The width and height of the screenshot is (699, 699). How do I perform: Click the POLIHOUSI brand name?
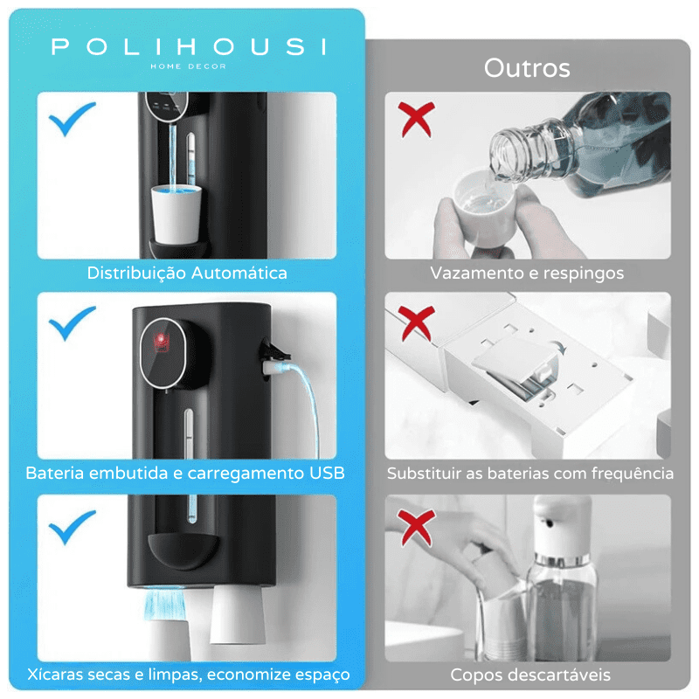pyautogui.click(x=188, y=46)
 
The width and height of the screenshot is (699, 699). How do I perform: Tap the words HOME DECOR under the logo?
pyautogui.click(x=188, y=66)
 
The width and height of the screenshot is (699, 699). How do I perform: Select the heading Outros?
pyautogui.click(x=527, y=68)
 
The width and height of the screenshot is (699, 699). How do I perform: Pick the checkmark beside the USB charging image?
pyautogui.click(x=73, y=324)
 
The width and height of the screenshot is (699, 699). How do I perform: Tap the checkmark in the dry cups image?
pyautogui.click(x=73, y=527)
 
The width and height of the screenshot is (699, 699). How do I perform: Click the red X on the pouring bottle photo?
pyautogui.click(x=417, y=120)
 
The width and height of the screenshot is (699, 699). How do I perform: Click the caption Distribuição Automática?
pyautogui.click(x=187, y=273)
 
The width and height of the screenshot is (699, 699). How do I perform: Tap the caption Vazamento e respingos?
pyautogui.click(x=527, y=273)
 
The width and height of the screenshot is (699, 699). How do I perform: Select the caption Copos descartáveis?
pyautogui.click(x=530, y=675)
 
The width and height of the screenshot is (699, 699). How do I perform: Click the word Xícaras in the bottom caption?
pyautogui.click(x=54, y=675)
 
